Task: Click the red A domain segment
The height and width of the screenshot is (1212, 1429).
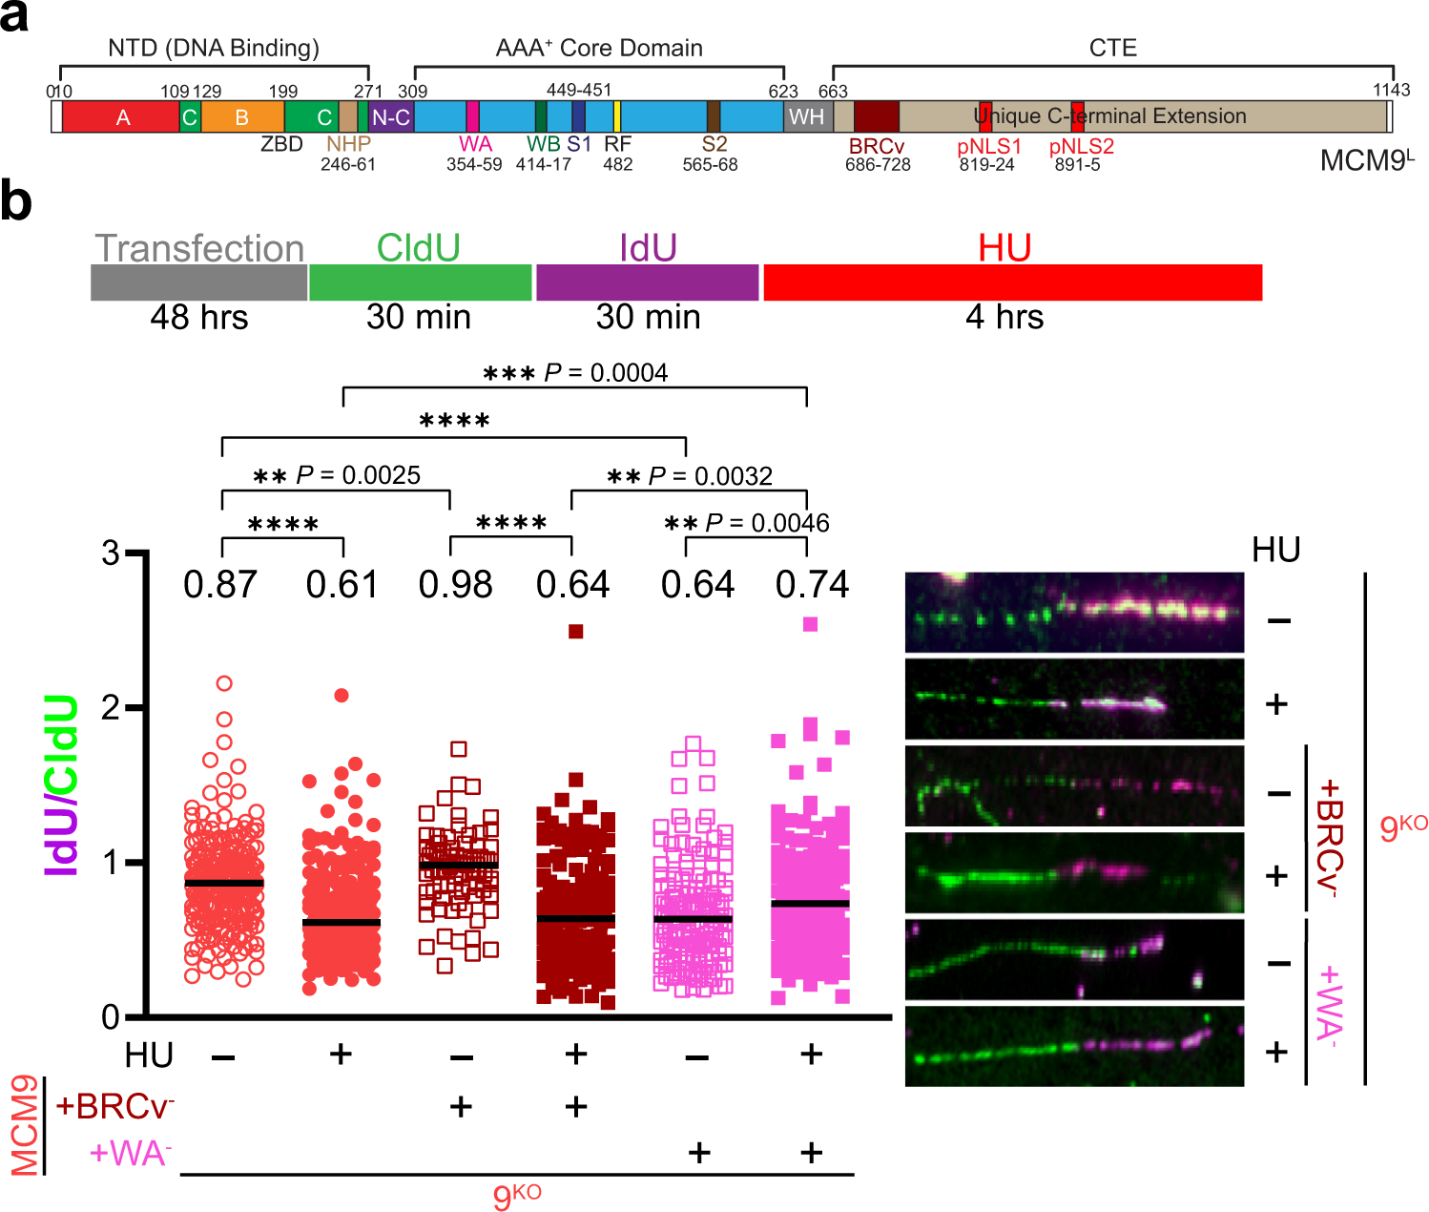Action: (121, 117)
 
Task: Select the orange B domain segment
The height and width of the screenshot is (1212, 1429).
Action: (242, 117)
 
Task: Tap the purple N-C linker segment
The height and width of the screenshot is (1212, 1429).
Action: (390, 117)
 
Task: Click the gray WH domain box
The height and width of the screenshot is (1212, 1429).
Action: (807, 116)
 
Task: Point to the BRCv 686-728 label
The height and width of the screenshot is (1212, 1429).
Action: (878, 155)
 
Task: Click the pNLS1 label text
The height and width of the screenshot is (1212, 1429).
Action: (989, 147)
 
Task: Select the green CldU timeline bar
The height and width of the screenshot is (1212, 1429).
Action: (420, 282)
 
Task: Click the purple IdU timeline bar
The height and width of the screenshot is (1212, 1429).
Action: (648, 282)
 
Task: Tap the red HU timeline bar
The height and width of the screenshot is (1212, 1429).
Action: (1012, 282)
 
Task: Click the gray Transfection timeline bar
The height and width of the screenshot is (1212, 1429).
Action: (198, 282)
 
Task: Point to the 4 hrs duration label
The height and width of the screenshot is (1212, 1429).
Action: (1004, 317)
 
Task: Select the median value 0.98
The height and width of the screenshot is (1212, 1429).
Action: (455, 585)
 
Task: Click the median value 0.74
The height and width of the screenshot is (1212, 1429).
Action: (812, 585)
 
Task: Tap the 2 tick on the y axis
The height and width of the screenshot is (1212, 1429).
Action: (112, 708)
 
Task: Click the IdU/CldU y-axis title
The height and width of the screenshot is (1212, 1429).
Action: (62, 785)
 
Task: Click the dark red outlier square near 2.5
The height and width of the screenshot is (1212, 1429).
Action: (576, 632)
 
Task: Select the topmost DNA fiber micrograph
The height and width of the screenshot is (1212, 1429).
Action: (1074, 613)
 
